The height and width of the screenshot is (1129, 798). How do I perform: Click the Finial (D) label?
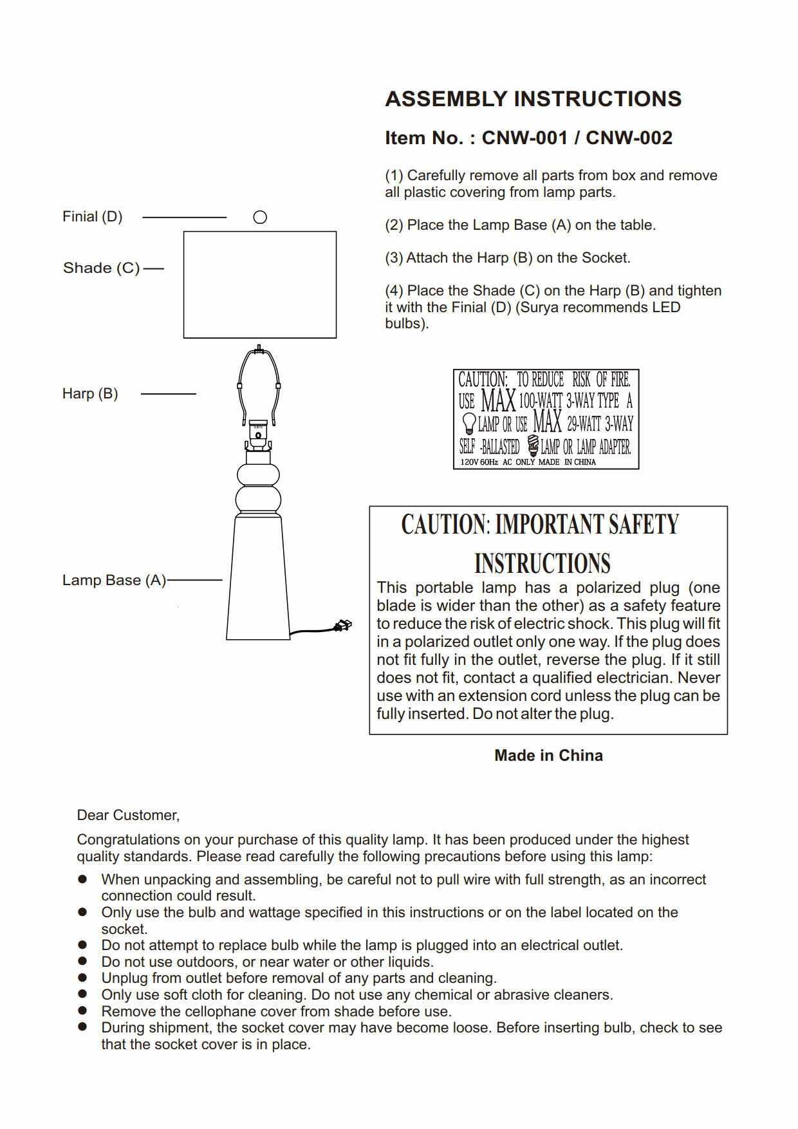[x=92, y=217]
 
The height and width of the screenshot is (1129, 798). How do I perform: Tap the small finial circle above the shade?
[x=260, y=218]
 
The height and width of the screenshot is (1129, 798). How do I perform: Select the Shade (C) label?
[x=101, y=268]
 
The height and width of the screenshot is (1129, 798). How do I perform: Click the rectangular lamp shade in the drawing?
[x=260, y=285]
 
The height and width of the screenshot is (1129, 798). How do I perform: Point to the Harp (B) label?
[x=90, y=393]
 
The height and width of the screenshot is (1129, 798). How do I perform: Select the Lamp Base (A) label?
[x=114, y=580]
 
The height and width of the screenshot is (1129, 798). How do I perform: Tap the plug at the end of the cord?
[x=343, y=624]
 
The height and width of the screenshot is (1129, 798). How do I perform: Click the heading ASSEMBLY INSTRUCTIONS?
[x=533, y=99]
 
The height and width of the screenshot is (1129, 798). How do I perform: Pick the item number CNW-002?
[x=629, y=138]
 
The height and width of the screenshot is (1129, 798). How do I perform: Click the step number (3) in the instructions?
[x=394, y=258]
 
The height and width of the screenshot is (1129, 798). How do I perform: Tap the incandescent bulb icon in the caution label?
[x=469, y=424]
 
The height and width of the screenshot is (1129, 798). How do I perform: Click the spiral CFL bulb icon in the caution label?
[x=532, y=445]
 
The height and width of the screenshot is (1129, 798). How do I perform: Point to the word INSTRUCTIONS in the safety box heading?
[x=542, y=563]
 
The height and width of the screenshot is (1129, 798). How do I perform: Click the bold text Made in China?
[x=548, y=756]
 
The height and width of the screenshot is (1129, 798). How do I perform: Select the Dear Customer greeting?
[x=128, y=816]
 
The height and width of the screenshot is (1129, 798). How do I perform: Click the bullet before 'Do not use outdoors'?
[x=82, y=961]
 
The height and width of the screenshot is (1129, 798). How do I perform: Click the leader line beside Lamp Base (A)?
[x=194, y=580]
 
